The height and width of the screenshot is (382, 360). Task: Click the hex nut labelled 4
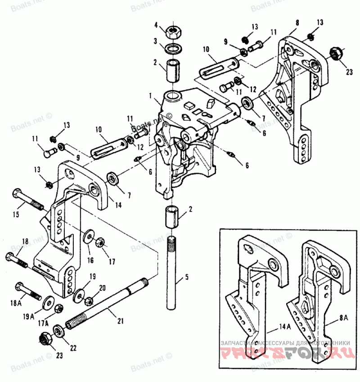(x=173, y=32)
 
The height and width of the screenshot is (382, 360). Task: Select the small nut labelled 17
(x=101, y=242)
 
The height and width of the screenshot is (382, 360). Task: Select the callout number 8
(x=297, y=21)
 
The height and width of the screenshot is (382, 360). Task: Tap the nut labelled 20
(x=89, y=299)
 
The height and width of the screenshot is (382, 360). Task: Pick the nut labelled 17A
(x=58, y=309)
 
